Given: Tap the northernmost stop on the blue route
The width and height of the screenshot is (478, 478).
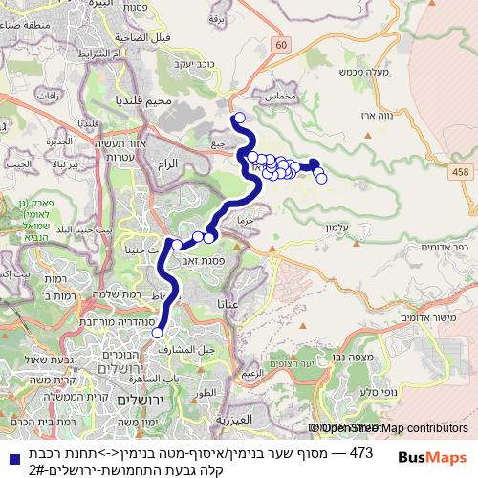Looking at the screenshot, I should point(239,119).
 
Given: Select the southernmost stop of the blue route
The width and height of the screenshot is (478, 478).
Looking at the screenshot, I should point(158,333).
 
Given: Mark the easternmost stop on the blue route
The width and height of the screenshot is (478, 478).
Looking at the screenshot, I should point(321,178).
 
